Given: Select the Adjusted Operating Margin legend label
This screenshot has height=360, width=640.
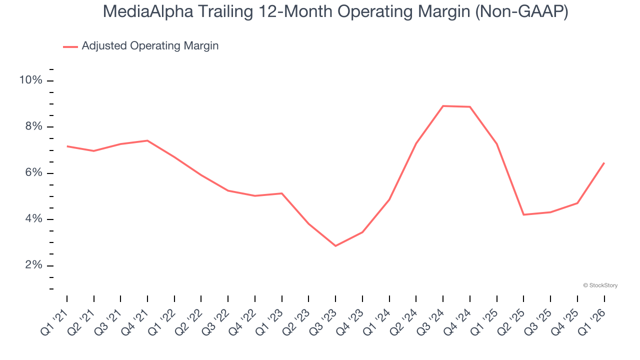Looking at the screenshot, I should click(x=150, y=46).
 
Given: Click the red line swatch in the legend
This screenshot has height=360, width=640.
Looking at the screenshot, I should click(x=70, y=46).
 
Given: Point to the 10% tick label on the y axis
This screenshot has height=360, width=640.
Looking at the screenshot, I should click(x=30, y=80).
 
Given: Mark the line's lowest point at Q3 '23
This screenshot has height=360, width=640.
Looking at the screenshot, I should click(x=335, y=246).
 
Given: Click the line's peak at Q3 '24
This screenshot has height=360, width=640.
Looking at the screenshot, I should click(x=443, y=106).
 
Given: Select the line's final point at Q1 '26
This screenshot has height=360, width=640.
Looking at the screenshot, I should click(x=604, y=163).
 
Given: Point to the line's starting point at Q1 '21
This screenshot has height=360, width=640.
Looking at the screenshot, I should click(x=67, y=146).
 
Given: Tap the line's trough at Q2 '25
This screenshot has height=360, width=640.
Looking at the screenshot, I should click(x=523, y=214).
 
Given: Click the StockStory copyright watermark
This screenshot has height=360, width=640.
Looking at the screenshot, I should click(x=600, y=285).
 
